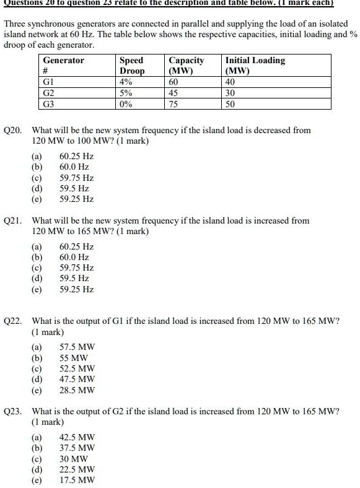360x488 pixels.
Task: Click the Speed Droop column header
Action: (x=131, y=66)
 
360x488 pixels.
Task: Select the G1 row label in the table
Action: (x=49, y=82)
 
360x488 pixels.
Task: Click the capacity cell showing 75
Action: (x=174, y=104)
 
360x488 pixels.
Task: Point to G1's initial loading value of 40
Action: (x=230, y=82)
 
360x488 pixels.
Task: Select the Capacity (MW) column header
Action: (x=186, y=66)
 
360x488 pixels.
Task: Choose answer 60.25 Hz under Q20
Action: (x=76, y=156)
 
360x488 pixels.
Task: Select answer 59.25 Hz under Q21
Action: (x=76, y=289)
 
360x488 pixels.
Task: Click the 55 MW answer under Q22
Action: (x=73, y=358)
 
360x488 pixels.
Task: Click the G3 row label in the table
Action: (x=49, y=104)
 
